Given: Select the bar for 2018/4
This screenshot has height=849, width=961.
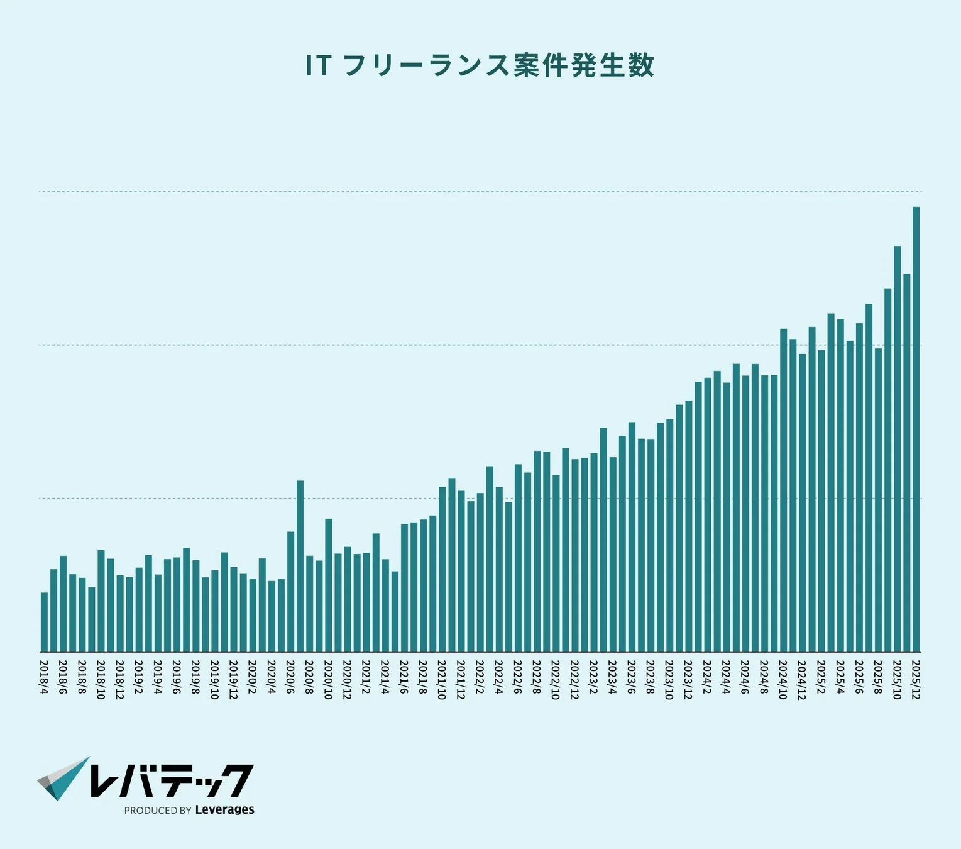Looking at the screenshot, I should [44, 622].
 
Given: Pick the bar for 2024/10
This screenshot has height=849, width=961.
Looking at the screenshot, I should [783, 491].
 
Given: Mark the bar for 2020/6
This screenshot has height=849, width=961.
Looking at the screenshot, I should [291, 592].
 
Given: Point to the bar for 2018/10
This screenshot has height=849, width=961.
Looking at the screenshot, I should [101, 601].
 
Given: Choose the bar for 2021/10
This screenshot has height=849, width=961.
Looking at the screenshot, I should [442, 570].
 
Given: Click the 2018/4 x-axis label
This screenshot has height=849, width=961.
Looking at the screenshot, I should [44, 677].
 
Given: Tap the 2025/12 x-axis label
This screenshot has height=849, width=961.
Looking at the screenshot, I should [916, 680].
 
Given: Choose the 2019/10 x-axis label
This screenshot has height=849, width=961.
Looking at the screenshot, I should [214, 680].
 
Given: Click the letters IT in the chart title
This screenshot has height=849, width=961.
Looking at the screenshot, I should [318, 65].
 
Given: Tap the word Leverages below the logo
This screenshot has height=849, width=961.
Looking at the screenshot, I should [224, 810].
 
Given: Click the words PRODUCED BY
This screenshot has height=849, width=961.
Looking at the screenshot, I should [158, 811].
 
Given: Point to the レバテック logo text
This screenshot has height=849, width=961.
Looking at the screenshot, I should [171, 781].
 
